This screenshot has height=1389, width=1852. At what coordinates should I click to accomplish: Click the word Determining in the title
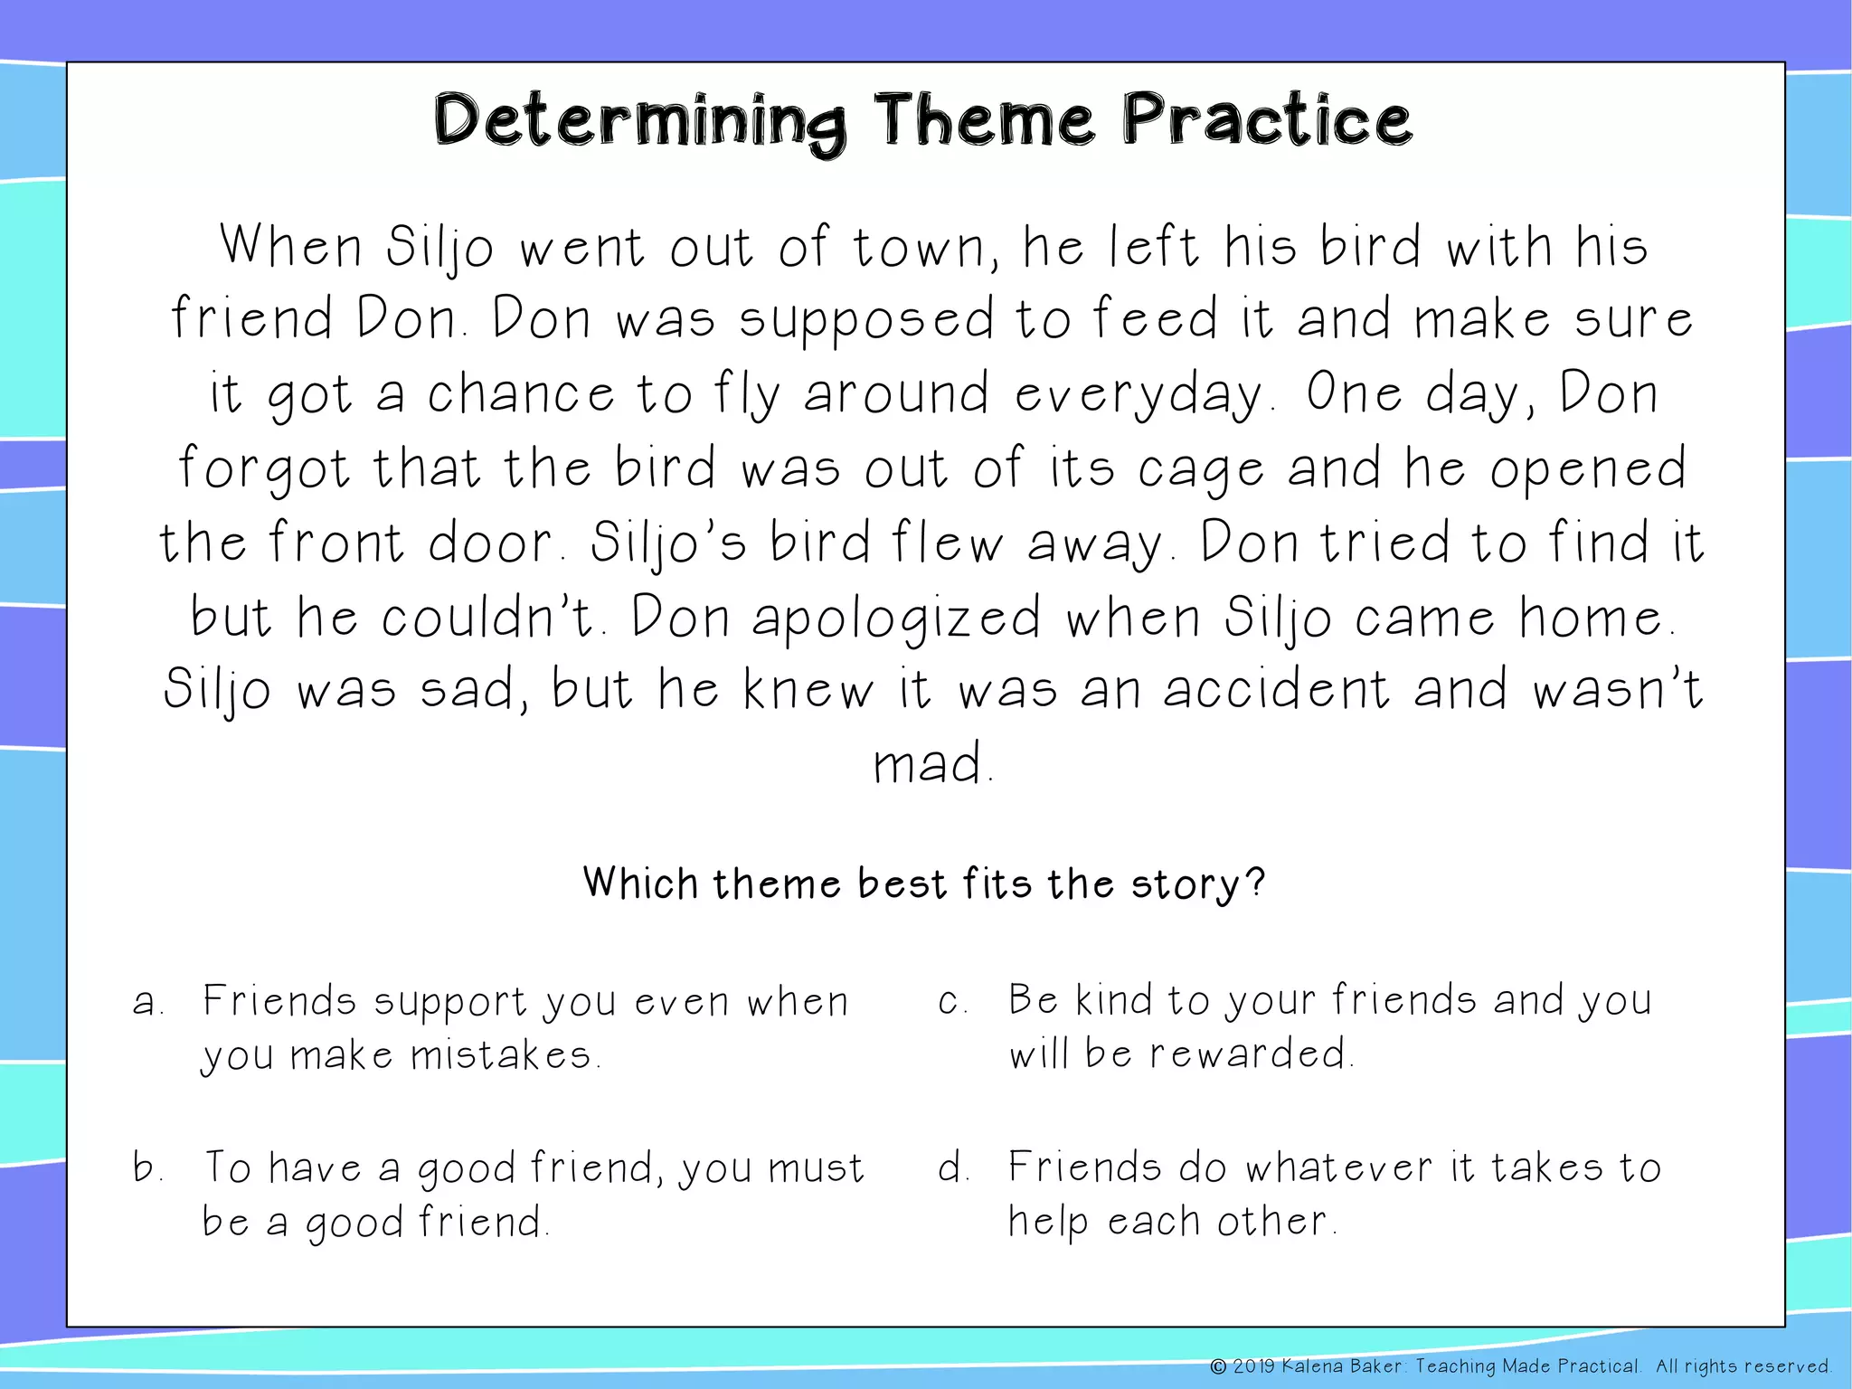[x=639, y=122]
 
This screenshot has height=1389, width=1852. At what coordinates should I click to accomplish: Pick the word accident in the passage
[x=1275, y=692]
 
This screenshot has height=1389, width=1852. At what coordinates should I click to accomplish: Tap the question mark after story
[x=1254, y=882]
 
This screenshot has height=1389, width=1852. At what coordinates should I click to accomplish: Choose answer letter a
[x=145, y=1003]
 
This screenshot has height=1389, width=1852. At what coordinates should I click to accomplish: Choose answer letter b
[x=146, y=1167]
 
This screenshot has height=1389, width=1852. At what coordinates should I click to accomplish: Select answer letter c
[x=950, y=1002]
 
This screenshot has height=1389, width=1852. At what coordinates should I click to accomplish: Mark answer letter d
[x=951, y=1167]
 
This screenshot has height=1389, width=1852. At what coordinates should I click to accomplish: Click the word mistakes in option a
[x=501, y=1055]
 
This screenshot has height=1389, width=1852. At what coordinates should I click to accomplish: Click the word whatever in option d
[x=1338, y=1167]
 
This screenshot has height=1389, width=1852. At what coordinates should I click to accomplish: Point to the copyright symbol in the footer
[x=1218, y=1366]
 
